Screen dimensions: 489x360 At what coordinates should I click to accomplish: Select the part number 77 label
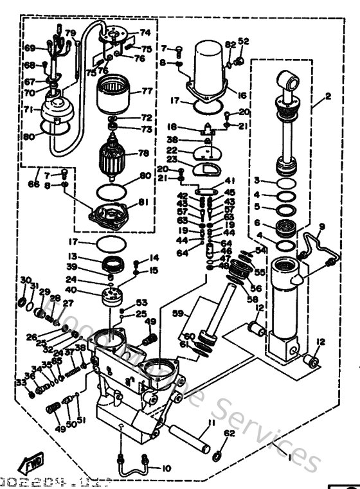pyautogui.click(x=147, y=91)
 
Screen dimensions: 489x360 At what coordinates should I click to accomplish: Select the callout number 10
pyautogui.click(x=166, y=468)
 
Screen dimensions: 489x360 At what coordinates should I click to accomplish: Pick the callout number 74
pyautogui.click(x=145, y=32)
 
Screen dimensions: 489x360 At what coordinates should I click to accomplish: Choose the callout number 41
pyautogui.click(x=230, y=181)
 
